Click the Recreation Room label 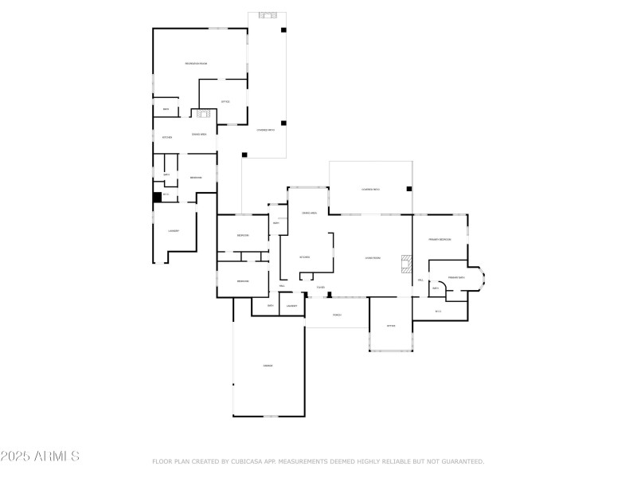point(196,63)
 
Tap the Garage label point(268,366)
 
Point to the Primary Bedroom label point(440,239)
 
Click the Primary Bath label point(456,277)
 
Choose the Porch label point(337,315)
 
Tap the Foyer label point(321,287)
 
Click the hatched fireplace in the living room point(407,263)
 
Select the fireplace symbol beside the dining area point(203,113)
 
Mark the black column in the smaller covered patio point(409,189)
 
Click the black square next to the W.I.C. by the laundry point(157,195)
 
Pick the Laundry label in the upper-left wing point(173,231)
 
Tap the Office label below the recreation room point(225,101)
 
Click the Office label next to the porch point(391,326)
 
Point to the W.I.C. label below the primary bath point(438,311)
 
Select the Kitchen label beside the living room point(305,257)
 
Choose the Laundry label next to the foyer point(291,305)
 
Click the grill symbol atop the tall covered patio point(267,15)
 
